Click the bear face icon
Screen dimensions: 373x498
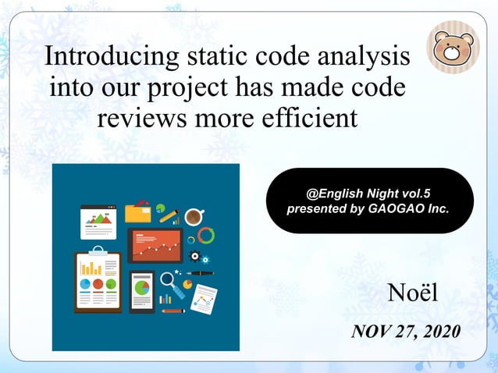point(454,51)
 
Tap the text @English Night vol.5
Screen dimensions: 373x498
point(369,192)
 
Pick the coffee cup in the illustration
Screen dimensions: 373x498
point(193,215)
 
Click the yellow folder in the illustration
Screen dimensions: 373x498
point(138,212)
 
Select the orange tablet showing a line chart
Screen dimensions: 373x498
point(155,245)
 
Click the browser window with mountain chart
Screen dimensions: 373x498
point(98,222)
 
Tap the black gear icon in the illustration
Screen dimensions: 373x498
point(194,256)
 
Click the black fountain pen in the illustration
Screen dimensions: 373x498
point(200,274)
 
